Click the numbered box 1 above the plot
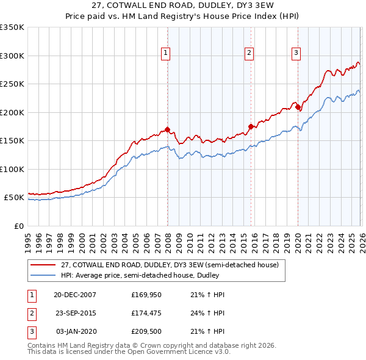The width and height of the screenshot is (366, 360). pos(166,54)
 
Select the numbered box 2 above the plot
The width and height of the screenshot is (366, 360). pos(249,54)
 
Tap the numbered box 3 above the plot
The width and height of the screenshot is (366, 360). pos(296,54)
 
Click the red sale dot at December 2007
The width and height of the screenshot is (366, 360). pos(167,129)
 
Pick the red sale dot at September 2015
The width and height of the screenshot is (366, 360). pos(251,127)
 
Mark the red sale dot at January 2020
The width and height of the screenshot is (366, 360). pos(298,107)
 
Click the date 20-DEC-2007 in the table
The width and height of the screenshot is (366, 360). pos(75,295)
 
